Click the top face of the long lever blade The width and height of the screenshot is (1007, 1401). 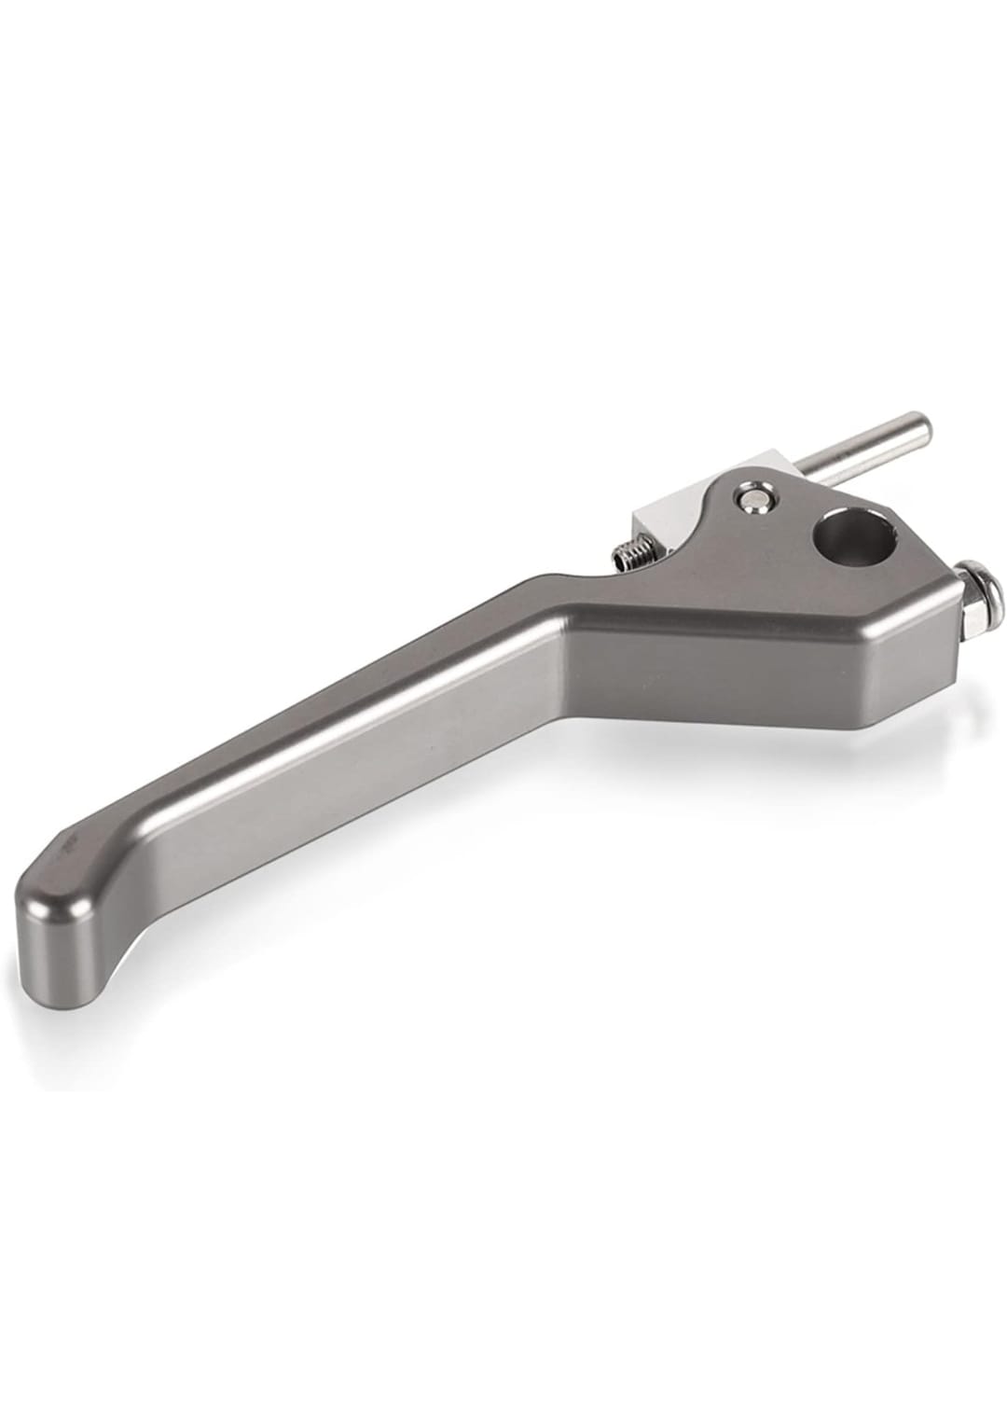coord(326,709)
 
